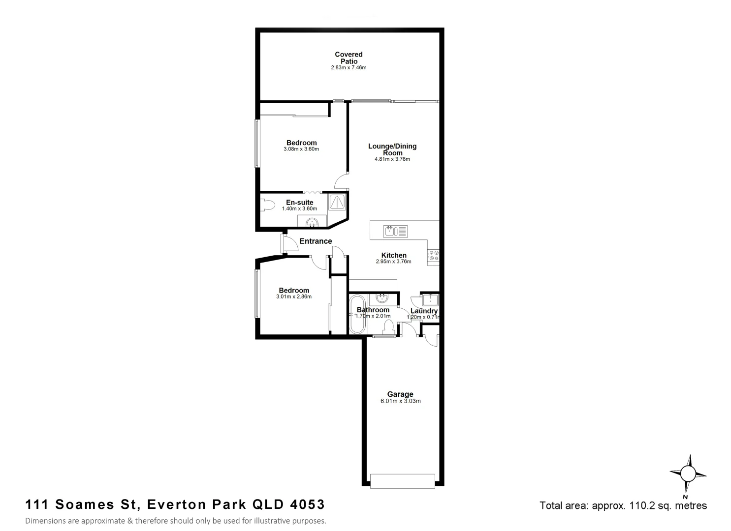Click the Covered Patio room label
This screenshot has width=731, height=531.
tap(349, 58)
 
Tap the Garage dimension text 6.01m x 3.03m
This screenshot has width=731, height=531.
tap(400, 401)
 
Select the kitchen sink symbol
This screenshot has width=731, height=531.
tap(396, 231)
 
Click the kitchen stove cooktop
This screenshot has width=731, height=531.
tap(434, 255)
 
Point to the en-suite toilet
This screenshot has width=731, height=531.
tap(267, 205)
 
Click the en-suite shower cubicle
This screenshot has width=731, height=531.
tap(337, 202)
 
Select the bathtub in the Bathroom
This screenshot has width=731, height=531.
tap(356, 314)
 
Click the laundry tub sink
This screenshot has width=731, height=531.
tap(430, 300)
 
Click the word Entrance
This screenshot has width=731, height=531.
tap(316, 241)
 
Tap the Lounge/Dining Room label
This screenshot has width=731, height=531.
tap(392, 149)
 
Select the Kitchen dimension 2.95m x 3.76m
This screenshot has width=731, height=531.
tap(393, 262)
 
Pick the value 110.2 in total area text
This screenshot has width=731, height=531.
tap(640, 505)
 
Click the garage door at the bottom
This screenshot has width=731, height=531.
tap(403, 481)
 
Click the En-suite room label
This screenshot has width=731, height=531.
tap(299, 203)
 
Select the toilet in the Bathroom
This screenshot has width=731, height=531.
tap(388, 326)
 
